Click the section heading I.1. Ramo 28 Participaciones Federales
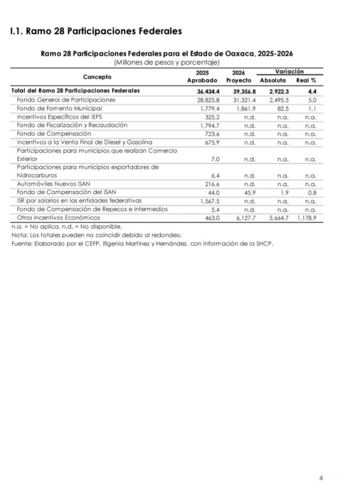pos(95,31)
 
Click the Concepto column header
pos(97,77)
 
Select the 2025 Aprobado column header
pos(202,76)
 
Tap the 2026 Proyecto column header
pos(238,76)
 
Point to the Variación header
pos(289,72)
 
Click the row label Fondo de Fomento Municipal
pos(59,108)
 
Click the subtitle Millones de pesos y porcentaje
pos(166,62)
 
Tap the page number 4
pos(321,478)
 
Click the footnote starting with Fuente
pos(142,243)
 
